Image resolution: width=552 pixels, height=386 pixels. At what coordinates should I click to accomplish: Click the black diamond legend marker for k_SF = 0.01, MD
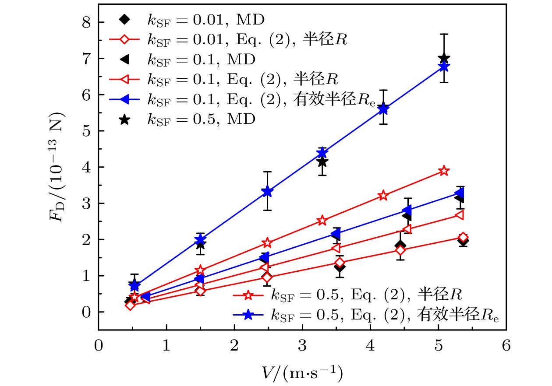[125, 19]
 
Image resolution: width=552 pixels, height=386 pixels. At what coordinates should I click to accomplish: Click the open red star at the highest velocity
[444, 171]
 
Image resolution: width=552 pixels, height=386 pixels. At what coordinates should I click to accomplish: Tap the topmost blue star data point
[444, 67]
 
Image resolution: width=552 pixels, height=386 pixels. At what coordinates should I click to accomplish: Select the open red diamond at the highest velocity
[463, 237]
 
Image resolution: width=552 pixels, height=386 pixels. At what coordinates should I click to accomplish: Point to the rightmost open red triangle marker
[460, 215]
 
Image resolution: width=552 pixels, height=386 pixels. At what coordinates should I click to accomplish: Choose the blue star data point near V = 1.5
[200, 239]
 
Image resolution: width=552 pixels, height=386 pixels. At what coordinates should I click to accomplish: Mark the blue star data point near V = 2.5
[268, 191]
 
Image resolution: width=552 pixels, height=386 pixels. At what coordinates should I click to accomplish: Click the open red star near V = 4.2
[383, 196]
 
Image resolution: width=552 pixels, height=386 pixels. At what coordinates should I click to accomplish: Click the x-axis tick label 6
[506, 345]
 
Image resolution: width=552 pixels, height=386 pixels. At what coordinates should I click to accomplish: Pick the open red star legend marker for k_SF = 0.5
[248, 295]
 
